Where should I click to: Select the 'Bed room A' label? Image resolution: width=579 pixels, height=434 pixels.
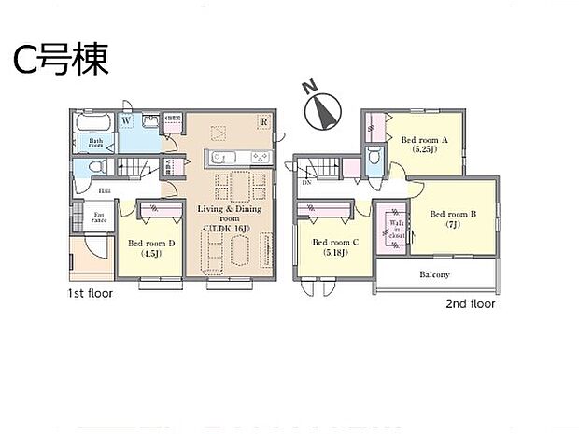click(x=425, y=145)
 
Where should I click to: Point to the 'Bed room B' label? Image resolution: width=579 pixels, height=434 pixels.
click(x=453, y=218)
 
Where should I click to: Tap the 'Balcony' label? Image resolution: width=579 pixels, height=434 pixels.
click(x=433, y=274)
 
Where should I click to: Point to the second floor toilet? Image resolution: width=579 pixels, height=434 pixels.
click(x=374, y=159)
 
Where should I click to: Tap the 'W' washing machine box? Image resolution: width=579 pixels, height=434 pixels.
click(x=126, y=120)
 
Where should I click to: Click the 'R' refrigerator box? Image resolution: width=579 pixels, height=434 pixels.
click(x=264, y=121)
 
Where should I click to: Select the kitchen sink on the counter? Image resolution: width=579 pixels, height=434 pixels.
click(x=221, y=156)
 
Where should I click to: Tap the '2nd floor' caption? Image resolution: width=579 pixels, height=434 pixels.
click(x=470, y=304)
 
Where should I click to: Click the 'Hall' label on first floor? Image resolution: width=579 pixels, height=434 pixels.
click(x=106, y=190)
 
